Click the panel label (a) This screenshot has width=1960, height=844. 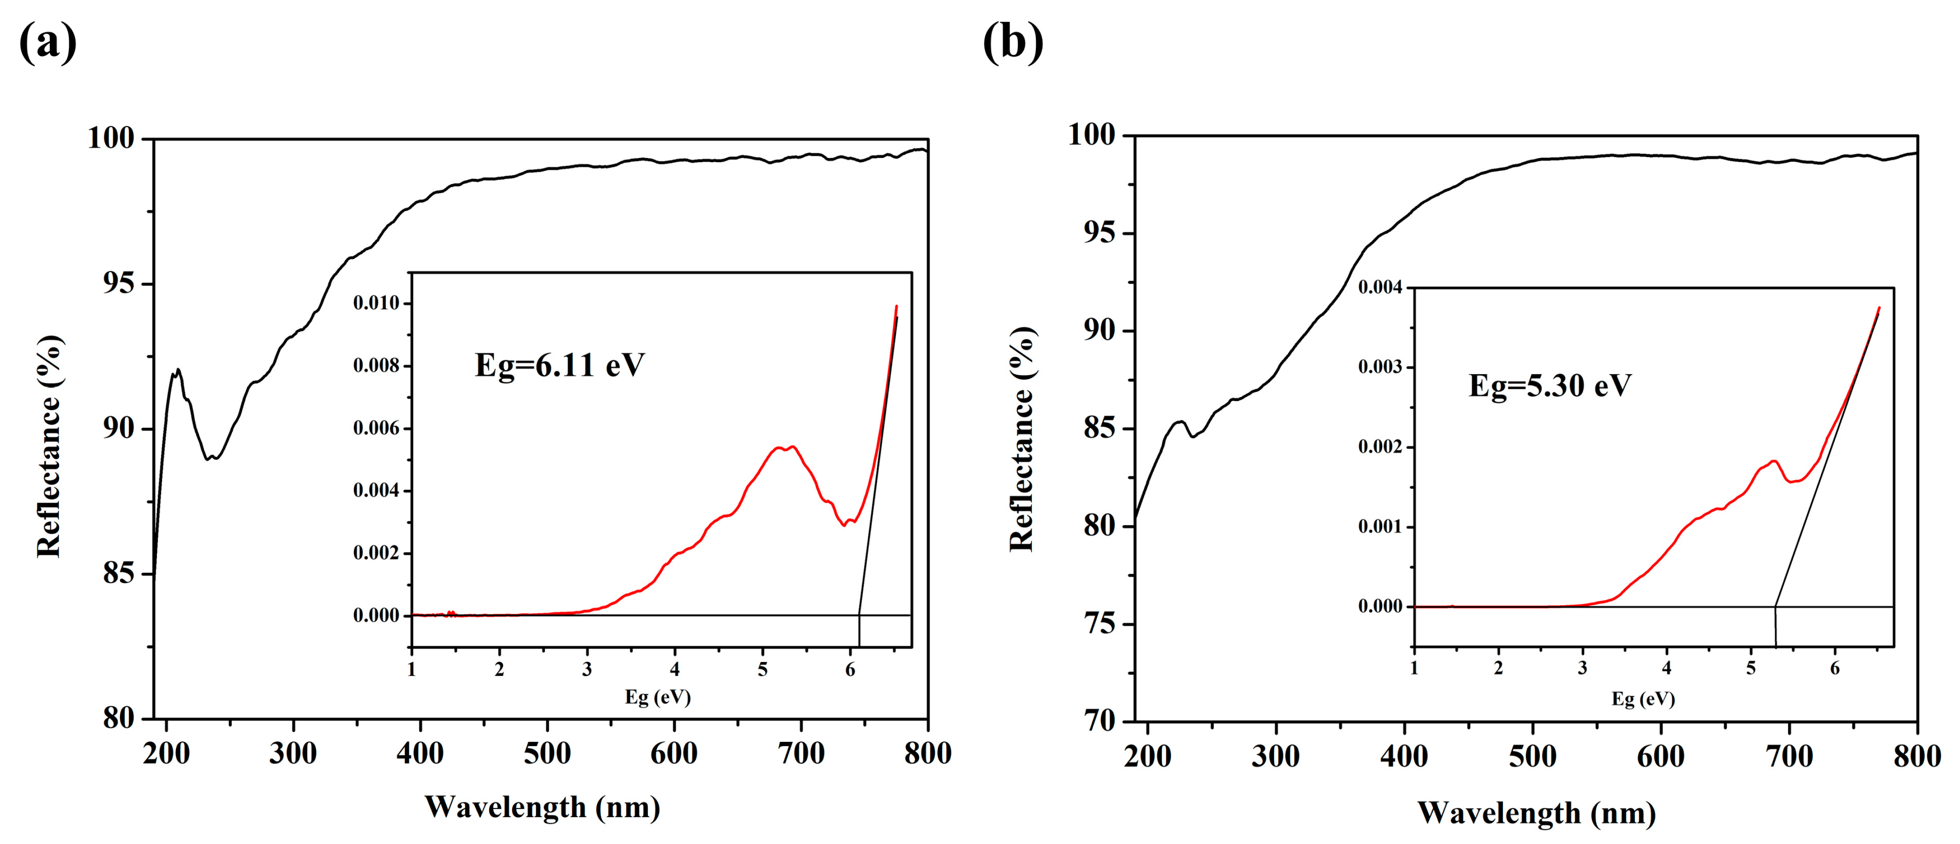(47, 42)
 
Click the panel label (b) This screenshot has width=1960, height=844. (1013, 42)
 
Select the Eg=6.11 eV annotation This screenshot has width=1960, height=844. (559, 365)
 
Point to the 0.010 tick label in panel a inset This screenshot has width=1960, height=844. (376, 304)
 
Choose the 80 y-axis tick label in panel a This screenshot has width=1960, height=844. (119, 718)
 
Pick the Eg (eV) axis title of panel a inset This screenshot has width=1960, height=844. (657, 697)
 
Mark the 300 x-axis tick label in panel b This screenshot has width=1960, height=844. (1275, 757)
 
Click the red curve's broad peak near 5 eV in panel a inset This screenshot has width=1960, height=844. (784, 448)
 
